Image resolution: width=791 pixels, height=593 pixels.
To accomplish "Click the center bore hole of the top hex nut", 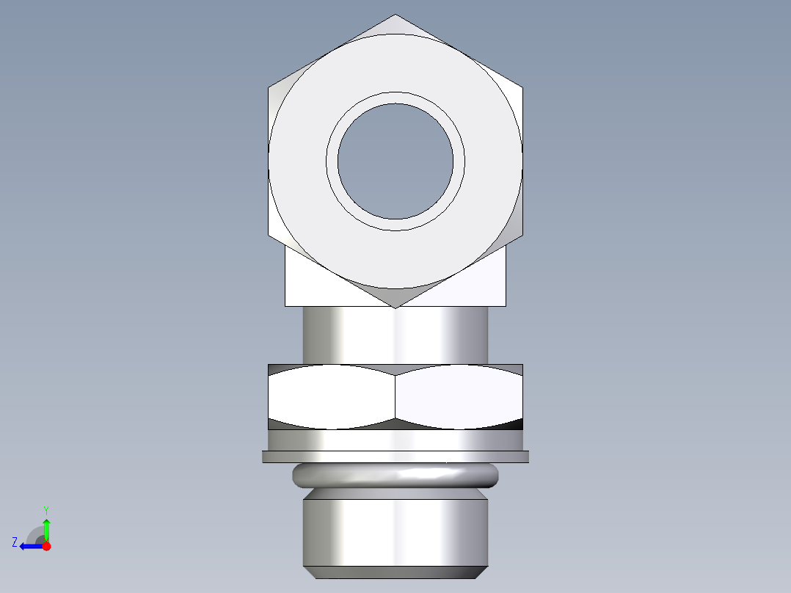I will click(395, 161).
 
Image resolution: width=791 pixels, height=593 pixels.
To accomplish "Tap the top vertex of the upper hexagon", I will click(395, 15).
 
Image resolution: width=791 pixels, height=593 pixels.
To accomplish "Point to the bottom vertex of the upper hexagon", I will click(395, 308).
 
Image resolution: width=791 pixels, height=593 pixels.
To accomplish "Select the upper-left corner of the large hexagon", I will click(269, 87).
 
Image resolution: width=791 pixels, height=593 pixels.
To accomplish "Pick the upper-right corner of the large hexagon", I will click(522, 87).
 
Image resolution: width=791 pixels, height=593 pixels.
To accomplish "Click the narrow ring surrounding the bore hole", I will click(395, 98).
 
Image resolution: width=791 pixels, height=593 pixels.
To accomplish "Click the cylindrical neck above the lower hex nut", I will click(395, 335).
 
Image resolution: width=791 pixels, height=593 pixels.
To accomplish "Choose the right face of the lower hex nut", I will click(459, 396).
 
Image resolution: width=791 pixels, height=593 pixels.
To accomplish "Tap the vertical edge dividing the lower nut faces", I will click(395, 396).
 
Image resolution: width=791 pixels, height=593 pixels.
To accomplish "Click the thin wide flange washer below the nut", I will click(395, 456).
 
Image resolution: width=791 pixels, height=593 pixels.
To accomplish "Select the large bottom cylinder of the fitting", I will click(395, 532).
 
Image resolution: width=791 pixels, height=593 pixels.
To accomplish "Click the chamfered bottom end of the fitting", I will click(395, 572).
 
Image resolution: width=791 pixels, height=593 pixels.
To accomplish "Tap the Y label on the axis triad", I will click(45, 509).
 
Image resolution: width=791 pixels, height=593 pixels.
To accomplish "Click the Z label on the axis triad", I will click(15, 542).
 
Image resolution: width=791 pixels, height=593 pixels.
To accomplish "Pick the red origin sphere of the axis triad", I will click(46, 546).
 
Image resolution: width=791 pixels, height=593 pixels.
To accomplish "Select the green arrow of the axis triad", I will click(46, 528).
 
